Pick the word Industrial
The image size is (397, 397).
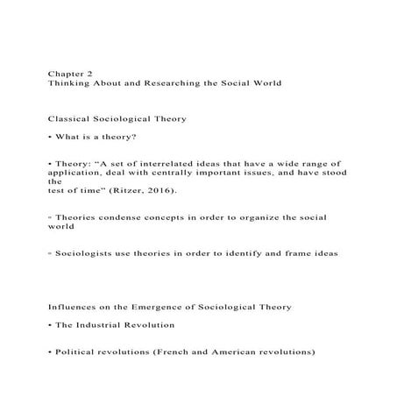(x=103, y=325)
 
